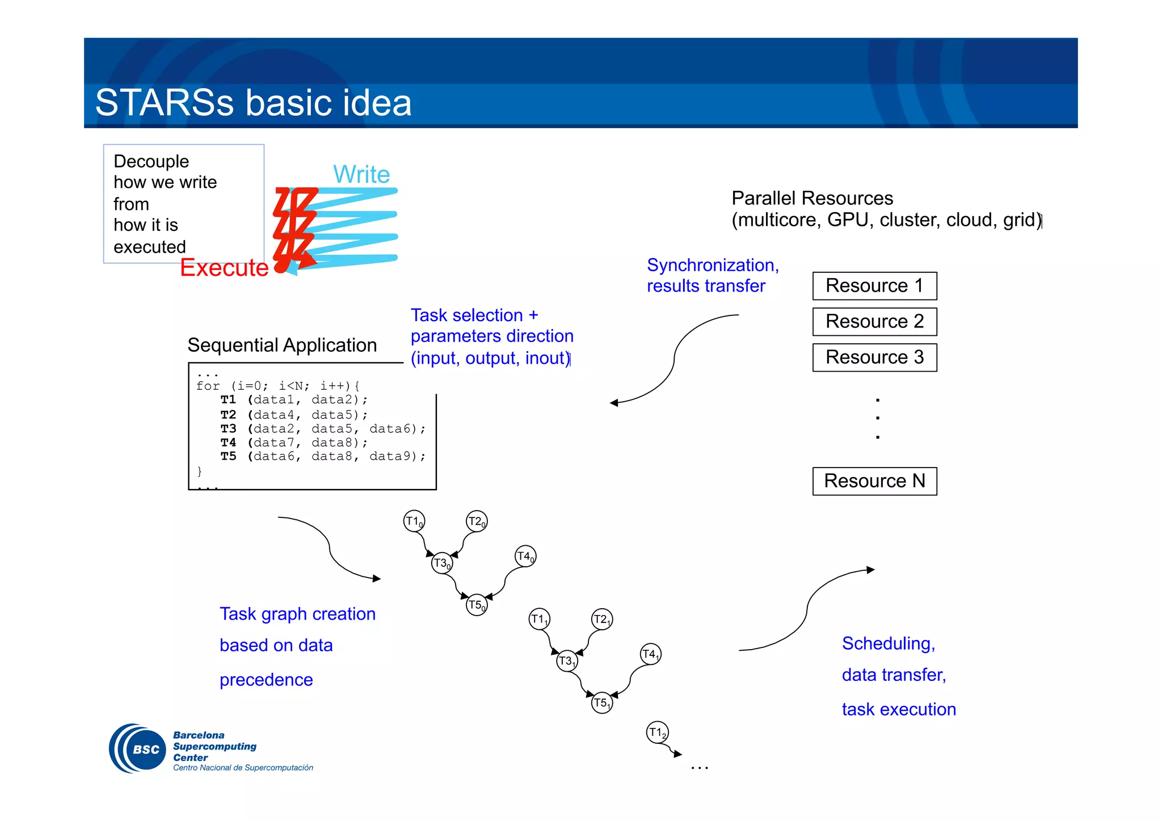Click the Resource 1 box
(x=874, y=286)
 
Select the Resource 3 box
(x=874, y=357)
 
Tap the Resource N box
(x=874, y=481)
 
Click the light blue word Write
(x=361, y=174)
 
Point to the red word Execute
(x=224, y=267)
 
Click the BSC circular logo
(x=138, y=749)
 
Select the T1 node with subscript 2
(x=657, y=732)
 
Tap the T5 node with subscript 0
(x=477, y=605)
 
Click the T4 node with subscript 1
(x=650, y=654)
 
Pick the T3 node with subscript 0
(x=441, y=563)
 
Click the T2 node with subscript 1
(x=601, y=619)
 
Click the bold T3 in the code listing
(x=228, y=428)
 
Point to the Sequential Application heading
(x=282, y=345)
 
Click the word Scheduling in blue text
(x=888, y=643)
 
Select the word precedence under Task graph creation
(x=266, y=680)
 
